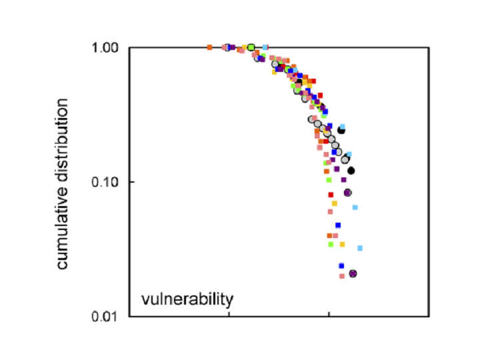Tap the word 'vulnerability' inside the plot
[187, 298]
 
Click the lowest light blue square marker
[360, 248]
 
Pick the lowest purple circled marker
[353, 273]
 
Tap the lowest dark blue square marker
[341, 266]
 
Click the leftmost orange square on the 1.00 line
[209, 47]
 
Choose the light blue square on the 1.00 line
[265, 47]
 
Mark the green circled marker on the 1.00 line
[251, 47]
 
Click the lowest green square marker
[331, 244]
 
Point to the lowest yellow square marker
[343, 245]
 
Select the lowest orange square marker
[329, 235]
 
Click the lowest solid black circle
[351, 171]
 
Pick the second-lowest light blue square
[355, 208]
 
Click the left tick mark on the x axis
[229, 314]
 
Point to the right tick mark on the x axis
[329, 314]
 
